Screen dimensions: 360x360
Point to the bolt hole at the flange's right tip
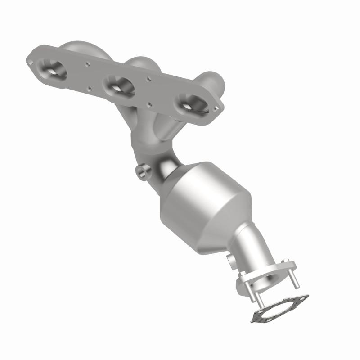point(218,108)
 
